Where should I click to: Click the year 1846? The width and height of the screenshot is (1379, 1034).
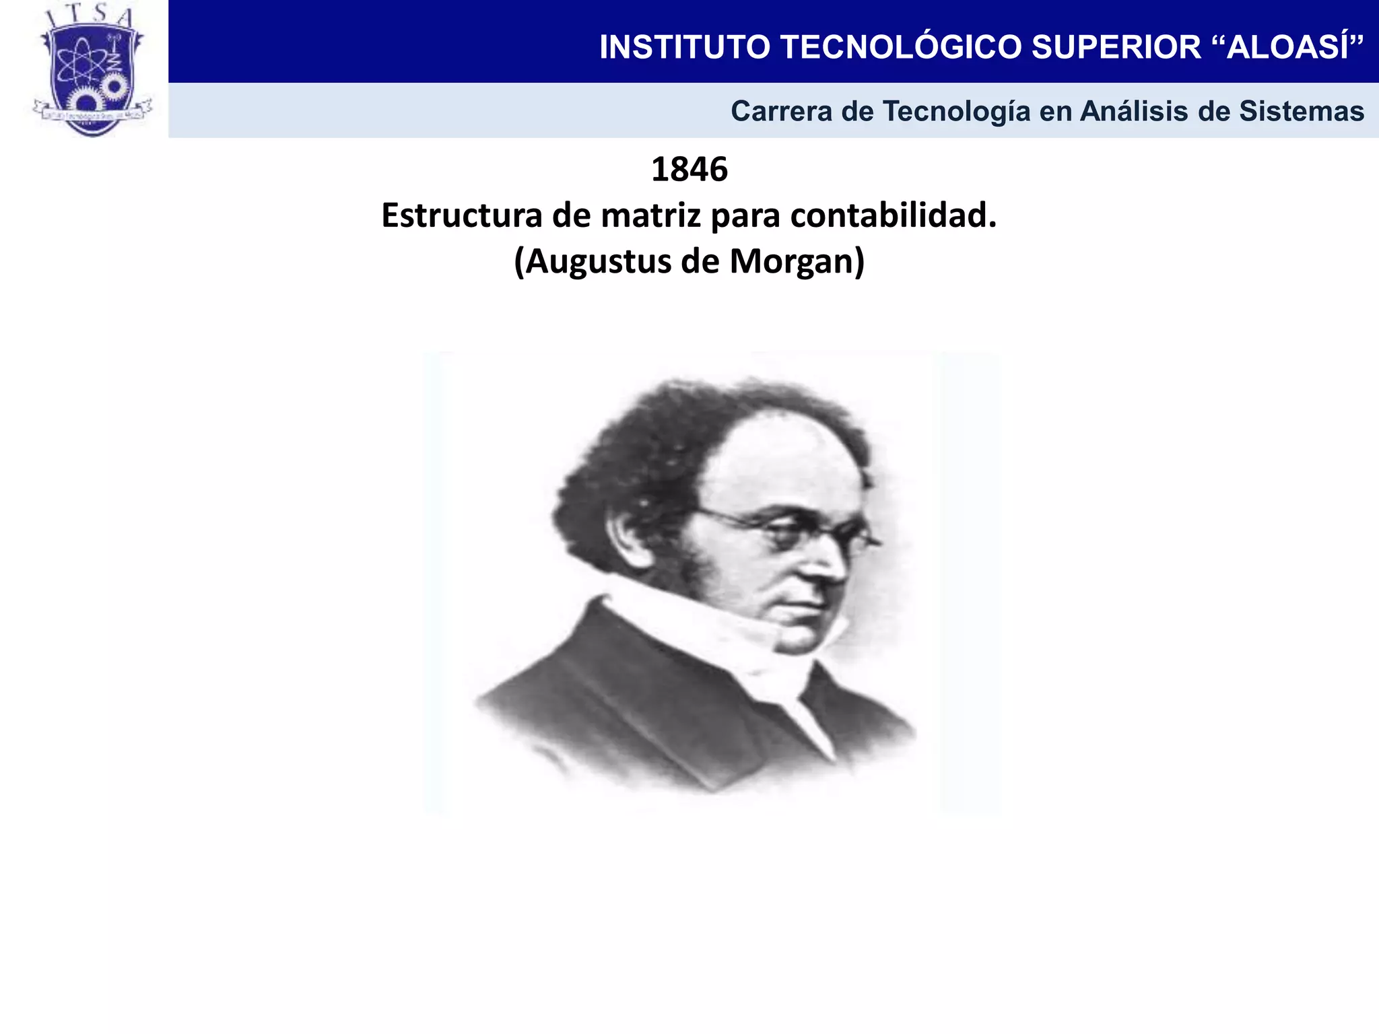[689, 170]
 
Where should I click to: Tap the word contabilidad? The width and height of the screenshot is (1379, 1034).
[893, 216]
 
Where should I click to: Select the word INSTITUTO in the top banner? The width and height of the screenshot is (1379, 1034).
[684, 47]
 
